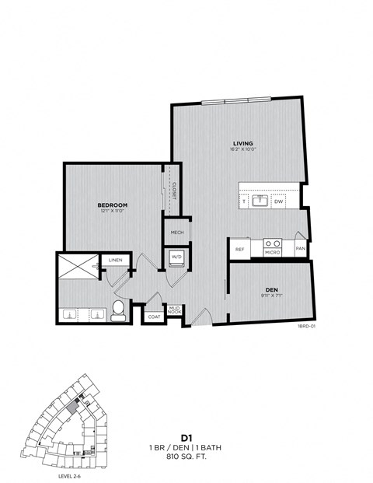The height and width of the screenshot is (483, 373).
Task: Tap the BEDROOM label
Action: (x=113, y=205)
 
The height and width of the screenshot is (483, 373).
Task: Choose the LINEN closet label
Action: (x=115, y=261)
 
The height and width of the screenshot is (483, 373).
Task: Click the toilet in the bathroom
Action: (x=118, y=310)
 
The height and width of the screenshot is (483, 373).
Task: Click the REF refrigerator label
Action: (x=241, y=249)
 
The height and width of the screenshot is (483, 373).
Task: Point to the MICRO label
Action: (x=272, y=252)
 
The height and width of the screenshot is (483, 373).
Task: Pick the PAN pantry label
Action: (x=300, y=249)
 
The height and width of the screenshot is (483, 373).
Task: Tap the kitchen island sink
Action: (x=263, y=201)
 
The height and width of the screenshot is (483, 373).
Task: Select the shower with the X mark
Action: (x=78, y=267)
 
